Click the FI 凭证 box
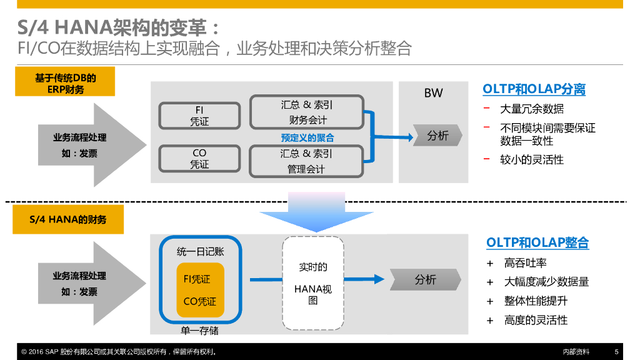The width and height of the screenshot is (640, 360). tap(199, 116)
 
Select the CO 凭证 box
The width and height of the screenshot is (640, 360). tap(199, 158)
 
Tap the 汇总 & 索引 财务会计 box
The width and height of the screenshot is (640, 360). tap(307, 112)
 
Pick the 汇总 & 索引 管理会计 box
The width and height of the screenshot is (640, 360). tap(306, 161)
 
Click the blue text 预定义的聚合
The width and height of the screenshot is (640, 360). tap(307, 137)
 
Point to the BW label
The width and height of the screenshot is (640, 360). tap(434, 93)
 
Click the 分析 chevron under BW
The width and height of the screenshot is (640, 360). tap(437, 136)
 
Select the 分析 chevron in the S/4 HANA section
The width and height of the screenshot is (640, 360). tap(425, 279)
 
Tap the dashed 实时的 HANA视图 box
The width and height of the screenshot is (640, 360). tap(313, 283)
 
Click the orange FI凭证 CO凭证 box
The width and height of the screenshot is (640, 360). tap(201, 290)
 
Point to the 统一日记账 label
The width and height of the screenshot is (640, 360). tap(201, 251)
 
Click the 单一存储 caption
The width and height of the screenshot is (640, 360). tap(199, 330)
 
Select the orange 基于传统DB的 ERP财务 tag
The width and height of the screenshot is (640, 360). tap(65, 82)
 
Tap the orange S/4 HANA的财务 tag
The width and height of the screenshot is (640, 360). tap(68, 219)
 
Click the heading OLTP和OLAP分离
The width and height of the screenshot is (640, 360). tap(534, 89)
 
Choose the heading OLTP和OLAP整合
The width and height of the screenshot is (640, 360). tap(537, 242)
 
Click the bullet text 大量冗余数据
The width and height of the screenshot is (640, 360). tap(532, 109)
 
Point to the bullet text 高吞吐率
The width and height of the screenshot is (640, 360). tap(525, 263)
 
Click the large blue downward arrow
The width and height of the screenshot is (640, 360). tap(316, 212)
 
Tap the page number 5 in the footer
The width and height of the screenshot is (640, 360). tap(616, 351)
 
